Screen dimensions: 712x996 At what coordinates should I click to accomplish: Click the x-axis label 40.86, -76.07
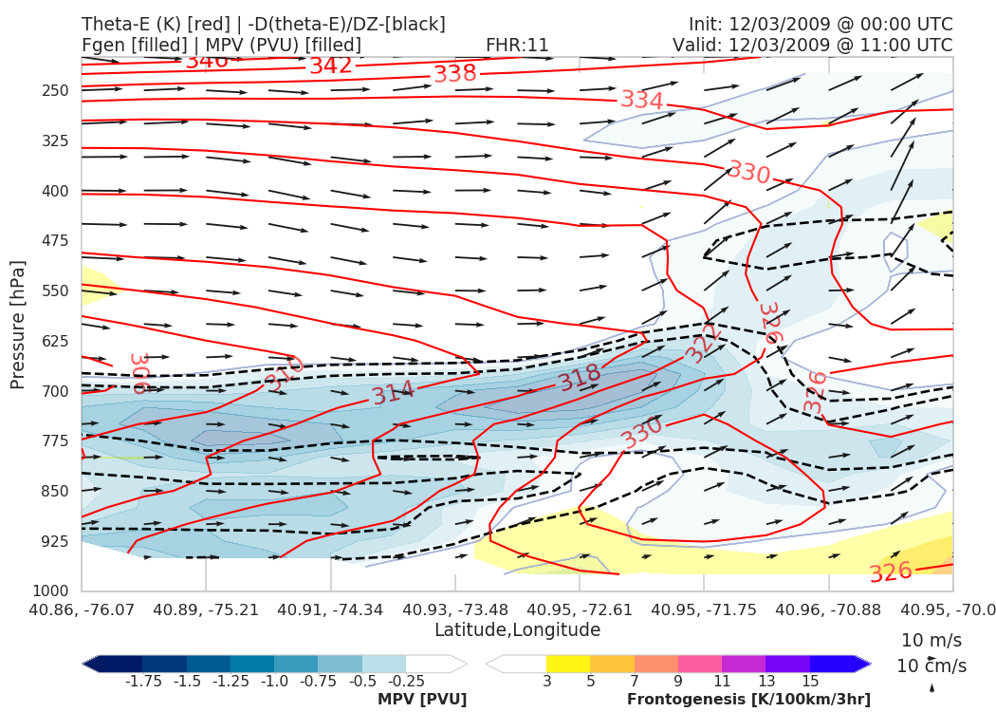pos(83,609)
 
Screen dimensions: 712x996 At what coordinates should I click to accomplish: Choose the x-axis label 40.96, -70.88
pos(829,609)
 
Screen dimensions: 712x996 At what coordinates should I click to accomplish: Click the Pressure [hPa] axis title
pos(18,325)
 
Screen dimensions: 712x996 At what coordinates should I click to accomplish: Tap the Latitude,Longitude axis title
pos(517,629)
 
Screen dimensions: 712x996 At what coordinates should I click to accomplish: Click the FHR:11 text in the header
pos(517,45)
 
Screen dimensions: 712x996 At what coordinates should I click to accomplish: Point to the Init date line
pos(821,24)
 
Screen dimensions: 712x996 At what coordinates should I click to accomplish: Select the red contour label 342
pos(331,66)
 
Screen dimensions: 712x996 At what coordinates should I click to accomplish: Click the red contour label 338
pos(455,74)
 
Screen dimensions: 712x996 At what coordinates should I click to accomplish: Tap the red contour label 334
pos(642,100)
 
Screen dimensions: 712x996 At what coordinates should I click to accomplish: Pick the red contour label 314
pos(393,392)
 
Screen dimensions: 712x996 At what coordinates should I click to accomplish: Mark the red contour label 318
pos(580,379)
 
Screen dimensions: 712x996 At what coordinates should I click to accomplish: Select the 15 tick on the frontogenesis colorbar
pos(809,681)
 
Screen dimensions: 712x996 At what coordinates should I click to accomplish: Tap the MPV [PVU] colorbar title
pos(421,700)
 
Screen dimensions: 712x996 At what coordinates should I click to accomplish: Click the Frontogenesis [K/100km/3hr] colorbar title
pos(748,700)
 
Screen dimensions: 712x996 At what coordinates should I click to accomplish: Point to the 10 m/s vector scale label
pos(931,639)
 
